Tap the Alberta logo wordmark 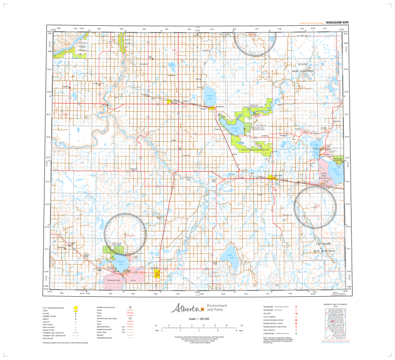click(185, 308)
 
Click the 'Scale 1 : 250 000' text click(199, 319)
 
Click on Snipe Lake click(228, 256)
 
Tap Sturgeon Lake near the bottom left click(120, 262)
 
